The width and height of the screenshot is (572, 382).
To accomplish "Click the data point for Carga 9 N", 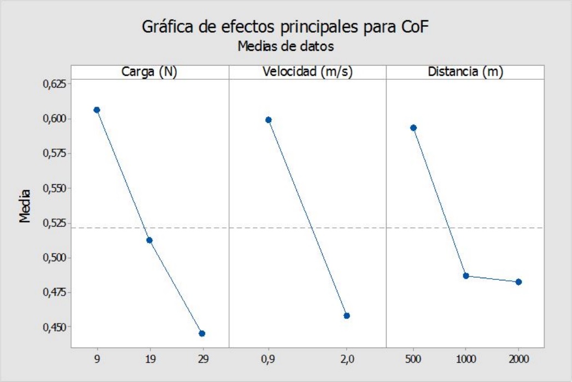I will (97, 110).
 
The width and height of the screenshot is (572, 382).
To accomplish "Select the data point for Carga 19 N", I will (149, 240).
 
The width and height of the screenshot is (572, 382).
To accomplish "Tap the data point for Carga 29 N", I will (202, 333).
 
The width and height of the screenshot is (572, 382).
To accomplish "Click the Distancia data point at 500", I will (413, 128).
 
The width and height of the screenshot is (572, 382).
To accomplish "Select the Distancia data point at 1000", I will (466, 276).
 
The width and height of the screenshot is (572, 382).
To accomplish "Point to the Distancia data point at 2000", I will (518, 282).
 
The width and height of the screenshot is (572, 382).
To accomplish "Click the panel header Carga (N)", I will (149, 72).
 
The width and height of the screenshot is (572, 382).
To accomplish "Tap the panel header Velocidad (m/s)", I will (307, 72).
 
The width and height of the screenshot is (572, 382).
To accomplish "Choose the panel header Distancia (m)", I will (465, 72).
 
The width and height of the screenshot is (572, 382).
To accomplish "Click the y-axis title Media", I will (25, 210).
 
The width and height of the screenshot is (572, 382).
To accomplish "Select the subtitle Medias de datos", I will (285, 46).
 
